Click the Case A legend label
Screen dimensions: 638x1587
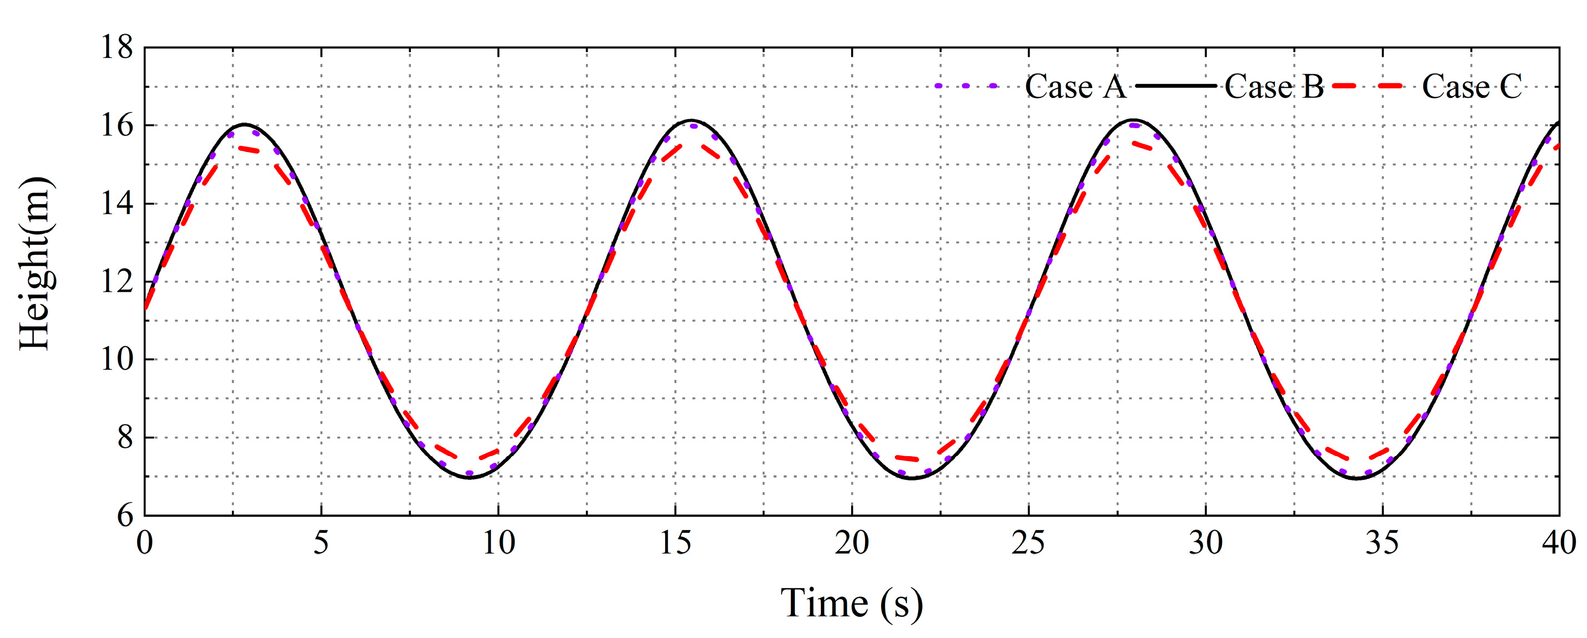tap(1075, 86)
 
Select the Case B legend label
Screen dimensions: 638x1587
tap(1273, 86)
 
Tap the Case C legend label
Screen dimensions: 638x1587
tap(1472, 86)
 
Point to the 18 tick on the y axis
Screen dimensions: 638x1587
tap(117, 48)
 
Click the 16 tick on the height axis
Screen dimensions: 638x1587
tap(117, 125)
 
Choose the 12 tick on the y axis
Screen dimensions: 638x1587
tap(117, 282)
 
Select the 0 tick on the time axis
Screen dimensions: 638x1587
tap(145, 543)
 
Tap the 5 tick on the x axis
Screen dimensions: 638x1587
tap(321, 543)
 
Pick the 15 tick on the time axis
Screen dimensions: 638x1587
tap(675, 543)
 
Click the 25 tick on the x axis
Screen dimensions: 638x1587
tap(1029, 543)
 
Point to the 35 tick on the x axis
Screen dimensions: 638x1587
tap(1383, 543)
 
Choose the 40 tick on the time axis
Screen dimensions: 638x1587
tap(1559, 543)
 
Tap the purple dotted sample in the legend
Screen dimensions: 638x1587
tap(966, 86)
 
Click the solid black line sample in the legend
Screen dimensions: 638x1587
tap(1175, 86)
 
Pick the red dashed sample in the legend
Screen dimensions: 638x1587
tap(1369, 86)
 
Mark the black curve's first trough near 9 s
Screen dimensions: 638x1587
tap(470, 478)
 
